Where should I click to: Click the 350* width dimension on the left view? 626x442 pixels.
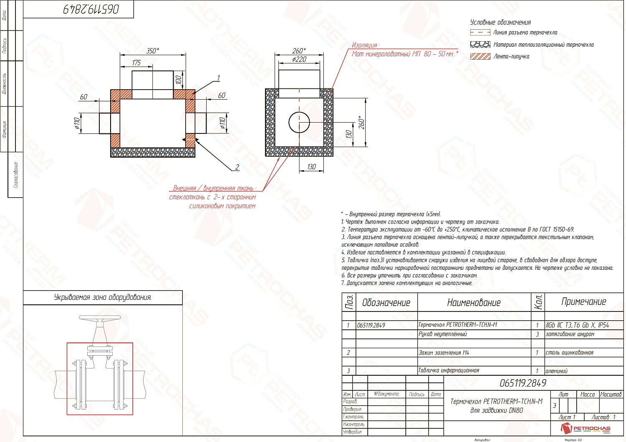click(x=153, y=51)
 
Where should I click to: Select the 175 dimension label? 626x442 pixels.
click(x=136, y=63)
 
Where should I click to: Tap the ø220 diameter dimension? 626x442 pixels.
click(x=299, y=59)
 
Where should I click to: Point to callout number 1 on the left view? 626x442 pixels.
click(x=218, y=78)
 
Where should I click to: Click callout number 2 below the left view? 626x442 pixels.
click(x=237, y=167)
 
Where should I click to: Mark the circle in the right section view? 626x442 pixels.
click(x=299, y=122)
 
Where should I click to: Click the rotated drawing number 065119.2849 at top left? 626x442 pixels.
click(x=91, y=9)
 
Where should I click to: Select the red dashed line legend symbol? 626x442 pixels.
click(x=480, y=33)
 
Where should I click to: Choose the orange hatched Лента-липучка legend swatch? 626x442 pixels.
click(x=480, y=56)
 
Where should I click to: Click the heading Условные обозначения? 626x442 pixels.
click(x=500, y=23)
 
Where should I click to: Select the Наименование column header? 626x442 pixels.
click(x=474, y=303)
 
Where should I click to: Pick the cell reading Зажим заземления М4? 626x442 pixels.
click(x=444, y=353)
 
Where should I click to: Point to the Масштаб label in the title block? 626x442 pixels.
click(x=611, y=394)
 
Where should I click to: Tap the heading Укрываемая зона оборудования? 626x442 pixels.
click(x=103, y=297)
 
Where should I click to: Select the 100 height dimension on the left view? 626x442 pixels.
click(x=179, y=79)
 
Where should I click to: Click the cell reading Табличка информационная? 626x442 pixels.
click(x=449, y=370)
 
